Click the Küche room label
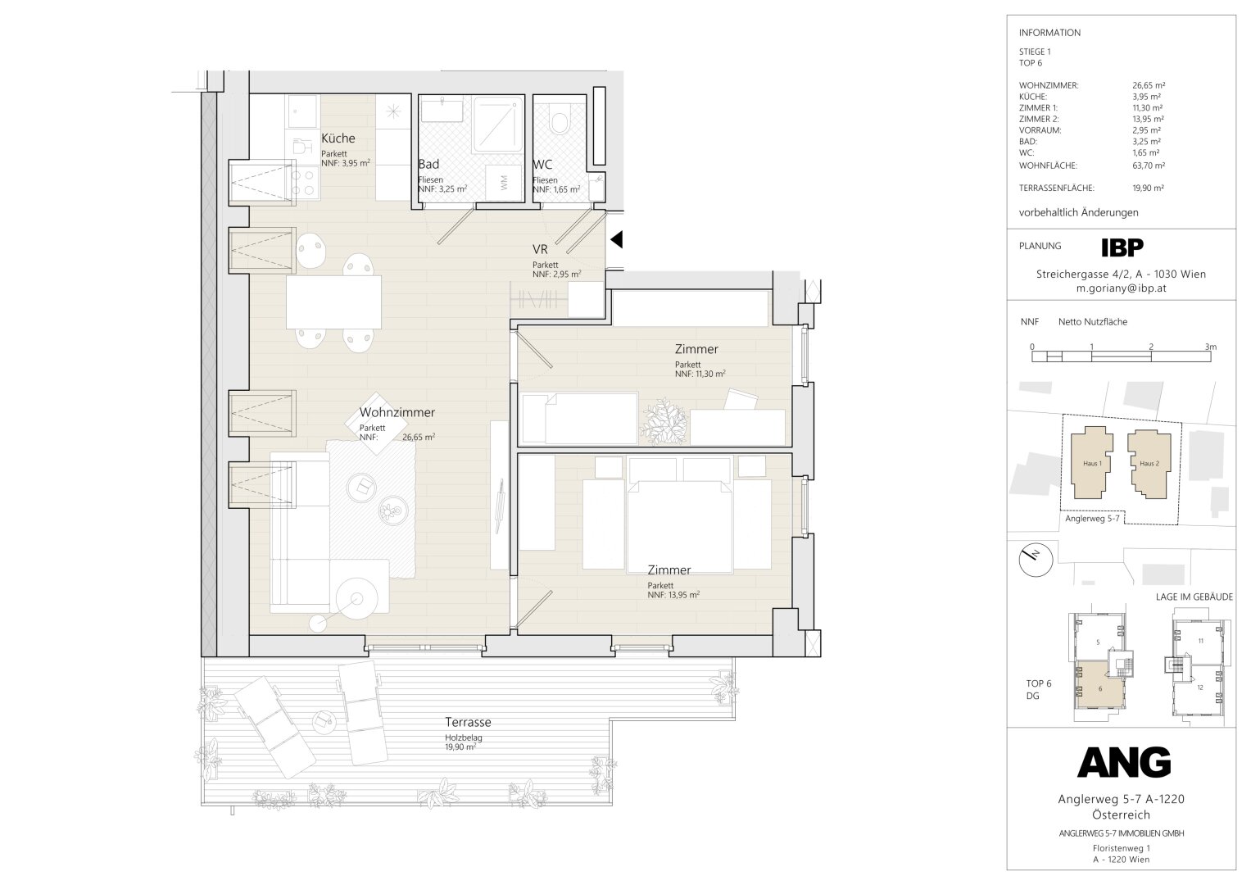point(338,138)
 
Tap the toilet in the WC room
point(559,118)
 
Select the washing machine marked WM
point(505,182)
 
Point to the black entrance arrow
point(616,239)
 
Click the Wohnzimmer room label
point(397,412)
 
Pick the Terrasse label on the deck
point(468,722)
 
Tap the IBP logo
point(1122,247)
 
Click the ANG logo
point(1124,763)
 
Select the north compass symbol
point(1036,559)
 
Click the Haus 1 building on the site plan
point(1092,462)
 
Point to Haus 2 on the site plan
point(1149,464)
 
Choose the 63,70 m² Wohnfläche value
point(1149,166)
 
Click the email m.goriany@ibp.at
point(1122,288)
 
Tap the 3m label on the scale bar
point(1210,347)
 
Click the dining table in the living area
point(334,302)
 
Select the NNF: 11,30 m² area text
point(700,374)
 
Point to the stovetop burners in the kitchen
point(302,183)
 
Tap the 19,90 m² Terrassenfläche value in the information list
point(1149,188)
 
